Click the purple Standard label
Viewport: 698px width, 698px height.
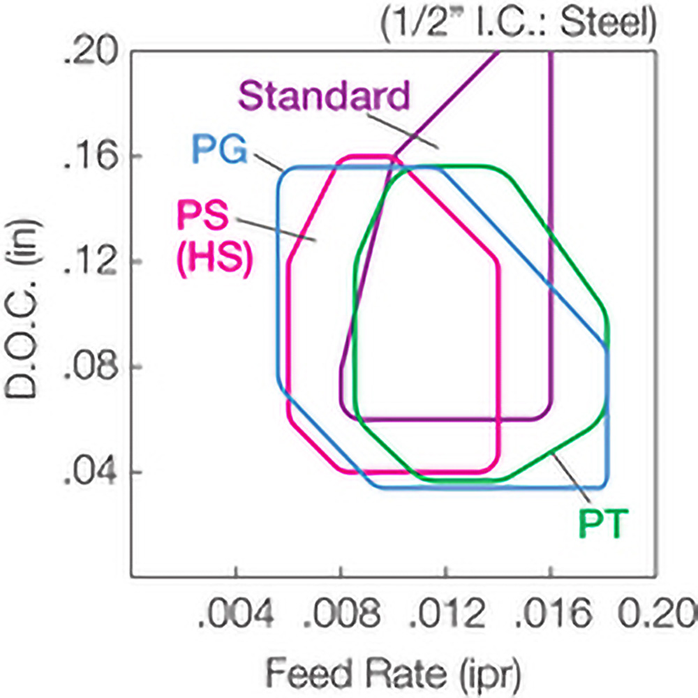pyautogui.click(x=323, y=96)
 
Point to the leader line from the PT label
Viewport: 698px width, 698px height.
pyautogui.click(x=570, y=478)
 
